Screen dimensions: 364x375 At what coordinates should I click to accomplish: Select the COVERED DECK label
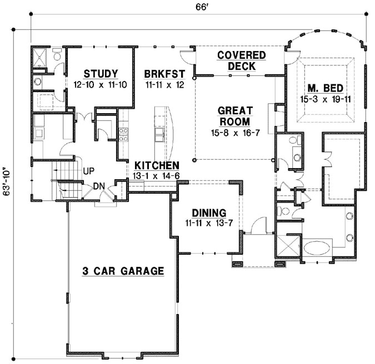tap(241, 60)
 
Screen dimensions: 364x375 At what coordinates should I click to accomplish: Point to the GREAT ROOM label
tap(235, 115)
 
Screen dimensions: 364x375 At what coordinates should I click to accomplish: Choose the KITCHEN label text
tap(157, 165)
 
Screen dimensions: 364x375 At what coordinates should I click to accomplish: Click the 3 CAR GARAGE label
tap(123, 271)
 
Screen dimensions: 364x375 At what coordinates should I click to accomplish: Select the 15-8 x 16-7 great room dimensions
tap(235, 133)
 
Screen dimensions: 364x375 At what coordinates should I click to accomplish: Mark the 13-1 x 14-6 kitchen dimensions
tap(157, 176)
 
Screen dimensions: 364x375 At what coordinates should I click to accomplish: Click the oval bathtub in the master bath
tap(316, 245)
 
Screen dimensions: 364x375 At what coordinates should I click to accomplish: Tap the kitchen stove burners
tap(124, 135)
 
